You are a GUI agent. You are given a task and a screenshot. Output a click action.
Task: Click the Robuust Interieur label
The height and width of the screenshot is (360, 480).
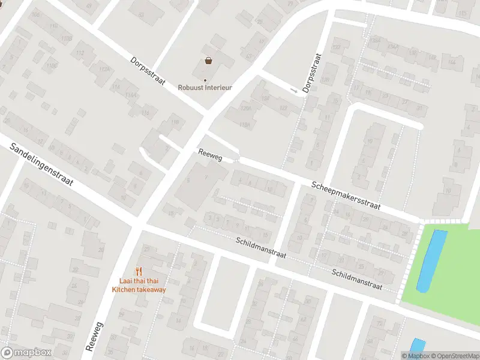(x=205, y=87)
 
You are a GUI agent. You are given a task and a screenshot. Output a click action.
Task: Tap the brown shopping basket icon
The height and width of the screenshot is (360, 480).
(x=208, y=61)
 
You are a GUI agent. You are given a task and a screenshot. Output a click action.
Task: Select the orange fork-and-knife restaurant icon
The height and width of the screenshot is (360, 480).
(x=139, y=271)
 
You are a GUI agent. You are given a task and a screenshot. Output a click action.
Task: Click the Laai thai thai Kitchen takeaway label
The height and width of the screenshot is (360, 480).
(x=139, y=285)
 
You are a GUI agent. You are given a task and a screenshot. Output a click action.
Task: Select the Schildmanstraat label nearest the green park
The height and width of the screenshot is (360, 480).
(x=357, y=280)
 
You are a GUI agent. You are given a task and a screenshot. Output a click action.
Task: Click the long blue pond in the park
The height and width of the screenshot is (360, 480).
(x=432, y=261)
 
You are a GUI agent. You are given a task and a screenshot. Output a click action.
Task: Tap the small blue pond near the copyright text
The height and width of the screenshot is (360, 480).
(x=417, y=346)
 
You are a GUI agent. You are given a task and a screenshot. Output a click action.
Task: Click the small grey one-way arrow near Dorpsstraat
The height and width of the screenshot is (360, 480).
(x=294, y=91)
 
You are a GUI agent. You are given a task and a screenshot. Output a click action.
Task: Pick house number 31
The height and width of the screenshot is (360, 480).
(x=419, y=109)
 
